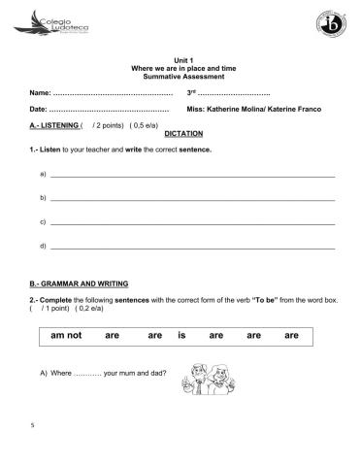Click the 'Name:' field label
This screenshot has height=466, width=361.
[x=40, y=92]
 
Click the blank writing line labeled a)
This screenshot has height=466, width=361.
[x=192, y=176]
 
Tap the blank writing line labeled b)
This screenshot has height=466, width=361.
[x=192, y=199]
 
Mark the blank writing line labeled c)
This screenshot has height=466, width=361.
[x=192, y=223]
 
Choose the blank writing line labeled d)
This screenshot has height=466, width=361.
[x=192, y=248]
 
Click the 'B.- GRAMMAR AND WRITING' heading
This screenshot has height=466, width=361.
[x=79, y=283]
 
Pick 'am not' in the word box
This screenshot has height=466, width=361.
[x=65, y=336]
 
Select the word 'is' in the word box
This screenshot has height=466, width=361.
[x=181, y=336]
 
